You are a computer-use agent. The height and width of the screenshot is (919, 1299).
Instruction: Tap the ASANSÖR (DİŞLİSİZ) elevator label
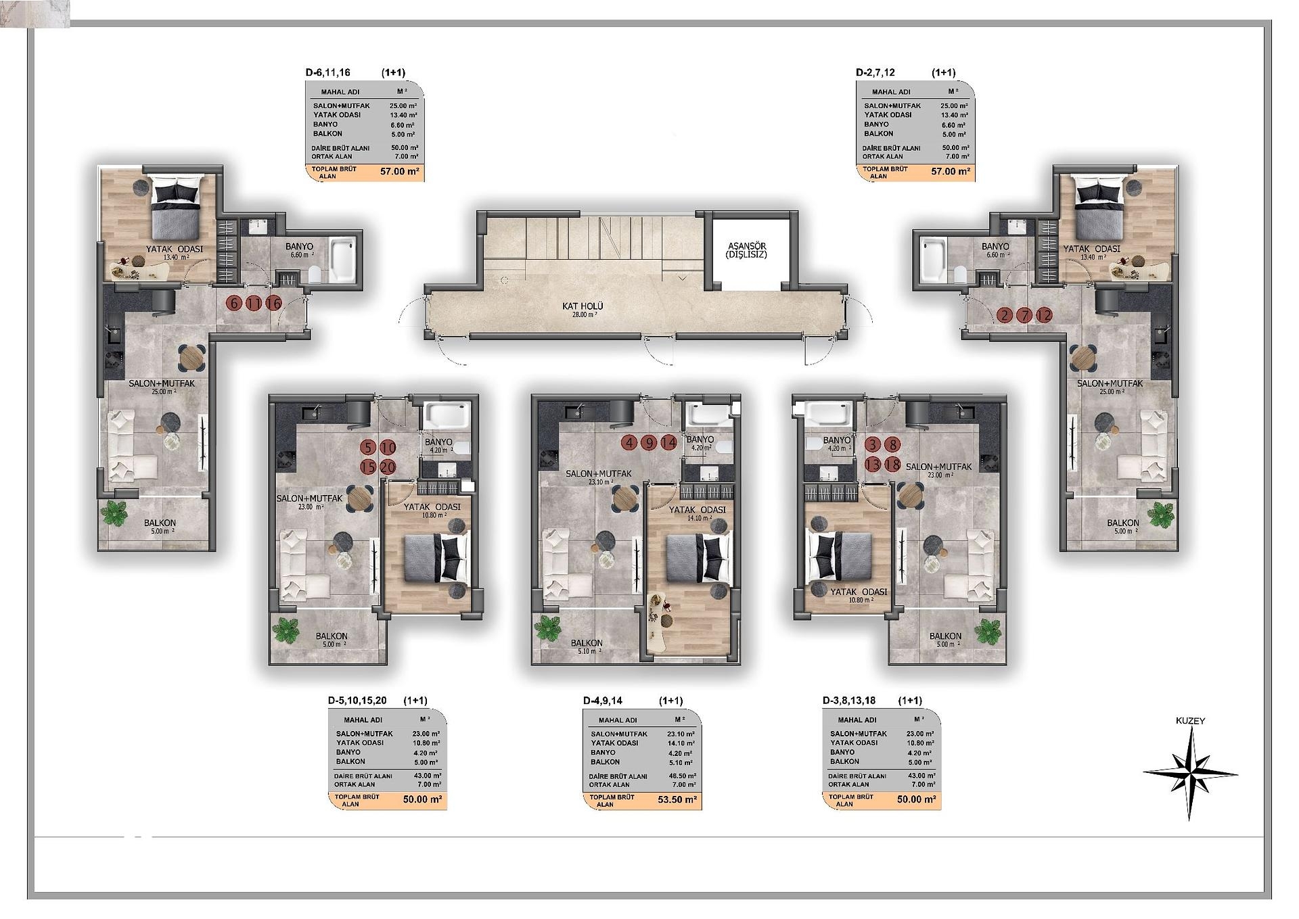[x=746, y=250]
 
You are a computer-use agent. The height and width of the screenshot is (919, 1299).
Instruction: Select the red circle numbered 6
[x=234, y=303]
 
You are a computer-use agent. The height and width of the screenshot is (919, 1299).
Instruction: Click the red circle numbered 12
[x=1045, y=315]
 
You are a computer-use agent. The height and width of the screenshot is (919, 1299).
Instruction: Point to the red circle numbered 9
[x=649, y=443]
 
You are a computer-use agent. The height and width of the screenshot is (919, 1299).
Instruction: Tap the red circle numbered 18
[x=893, y=465]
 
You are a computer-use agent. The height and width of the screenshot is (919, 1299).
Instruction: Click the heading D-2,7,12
[x=875, y=72]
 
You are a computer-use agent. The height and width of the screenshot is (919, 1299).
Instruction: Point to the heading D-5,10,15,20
[x=357, y=701]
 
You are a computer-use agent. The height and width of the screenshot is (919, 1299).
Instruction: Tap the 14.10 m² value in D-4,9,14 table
[x=681, y=743]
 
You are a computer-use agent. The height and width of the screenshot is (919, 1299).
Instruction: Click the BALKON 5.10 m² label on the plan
[x=587, y=647]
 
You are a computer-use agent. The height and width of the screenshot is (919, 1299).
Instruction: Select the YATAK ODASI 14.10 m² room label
[x=697, y=514]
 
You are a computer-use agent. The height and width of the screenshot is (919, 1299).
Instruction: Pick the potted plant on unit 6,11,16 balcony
[x=114, y=513]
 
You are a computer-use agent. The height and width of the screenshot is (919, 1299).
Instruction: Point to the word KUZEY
[x=1190, y=721]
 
